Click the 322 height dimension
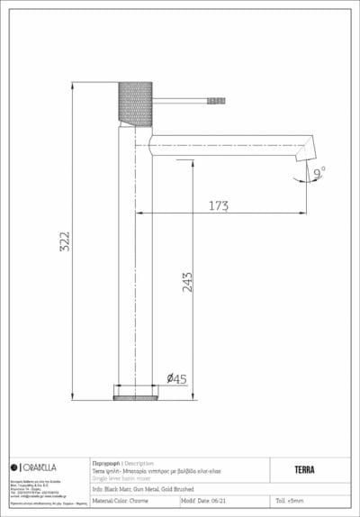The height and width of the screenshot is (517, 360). [x=64, y=240]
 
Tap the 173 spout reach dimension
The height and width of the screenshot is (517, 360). [x=218, y=206]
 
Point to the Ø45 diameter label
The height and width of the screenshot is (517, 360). [x=176, y=379]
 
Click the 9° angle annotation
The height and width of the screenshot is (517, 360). [x=319, y=168]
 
